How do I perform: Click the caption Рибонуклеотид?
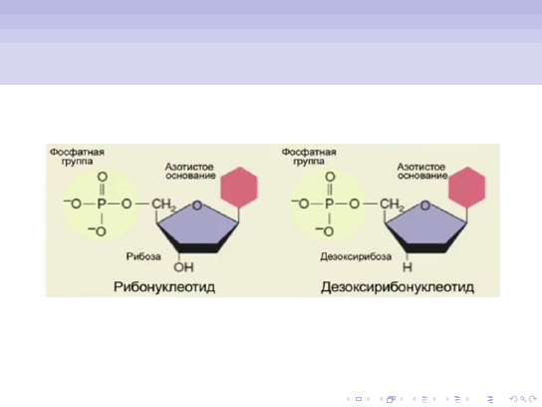click(x=164, y=287)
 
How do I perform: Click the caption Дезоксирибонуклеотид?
click(x=398, y=287)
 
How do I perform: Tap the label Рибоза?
click(x=143, y=256)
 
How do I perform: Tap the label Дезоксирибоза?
click(x=356, y=256)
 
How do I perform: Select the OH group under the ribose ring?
click(x=183, y=267)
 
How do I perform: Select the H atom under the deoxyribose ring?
click(x=407, y=267)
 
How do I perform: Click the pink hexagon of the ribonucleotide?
click(x=239, y=188)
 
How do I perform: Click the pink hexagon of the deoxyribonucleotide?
click(x=467, y=188)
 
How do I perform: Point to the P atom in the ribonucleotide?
click(x=102, y=203)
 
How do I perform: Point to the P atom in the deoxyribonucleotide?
click(x=329, y=203)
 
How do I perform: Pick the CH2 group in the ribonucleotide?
click(x=163, y=204)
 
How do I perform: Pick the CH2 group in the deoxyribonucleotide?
click(x=392, y=204)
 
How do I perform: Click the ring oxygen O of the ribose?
click(x=197, y=205)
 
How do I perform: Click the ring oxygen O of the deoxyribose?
click(x=425, y=205)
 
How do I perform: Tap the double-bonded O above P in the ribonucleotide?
click(x=103, y=177)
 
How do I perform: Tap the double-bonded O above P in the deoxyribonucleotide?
click(x=330, y=177)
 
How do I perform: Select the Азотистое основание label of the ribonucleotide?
click(x=190, y=172)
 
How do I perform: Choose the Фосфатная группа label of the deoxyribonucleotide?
click(x=309, y=157)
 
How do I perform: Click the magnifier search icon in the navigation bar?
click(x=523, y=399)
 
